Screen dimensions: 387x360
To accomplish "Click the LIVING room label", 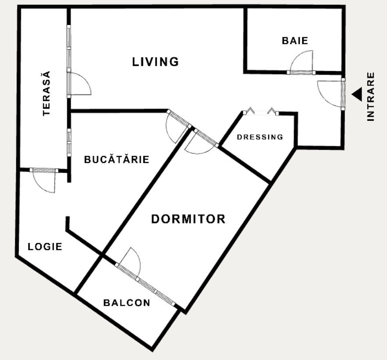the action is pos(156,62).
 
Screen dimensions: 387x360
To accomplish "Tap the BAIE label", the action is pos(295,41).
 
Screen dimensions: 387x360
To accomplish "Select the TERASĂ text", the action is pos(46,93).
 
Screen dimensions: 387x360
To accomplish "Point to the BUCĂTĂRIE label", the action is pos(117,159).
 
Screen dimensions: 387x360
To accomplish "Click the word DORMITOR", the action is pos(188,219).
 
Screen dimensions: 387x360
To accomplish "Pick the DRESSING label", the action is pos(260,137).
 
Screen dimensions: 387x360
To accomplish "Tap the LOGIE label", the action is pos(45,247).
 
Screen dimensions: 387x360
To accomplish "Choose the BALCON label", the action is pos(127,303).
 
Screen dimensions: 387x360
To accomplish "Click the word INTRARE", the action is pos(370,96).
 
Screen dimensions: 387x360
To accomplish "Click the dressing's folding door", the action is pos(261,112).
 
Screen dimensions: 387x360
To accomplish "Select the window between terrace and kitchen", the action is pos(69,142).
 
